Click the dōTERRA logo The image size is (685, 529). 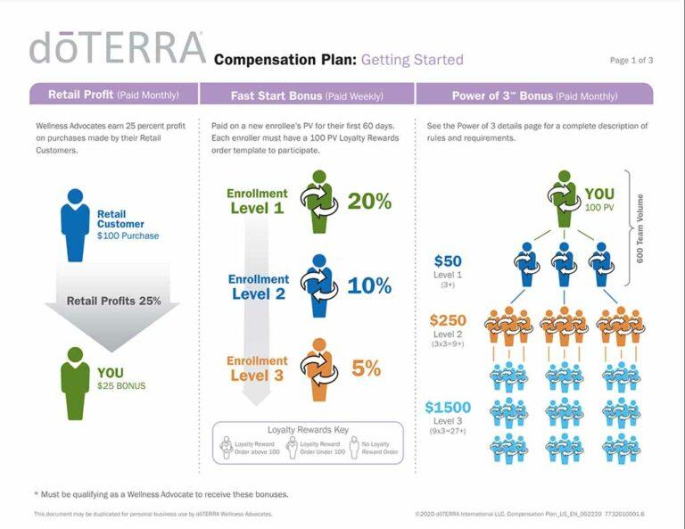pyautogui.click(x=117, y=48)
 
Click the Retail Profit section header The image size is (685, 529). pyautogui.click(x=112, y=95)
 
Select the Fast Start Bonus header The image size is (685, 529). pyautogui.click(x=307, y=95)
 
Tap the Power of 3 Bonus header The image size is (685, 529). pyautogui.click(x=534, y=95)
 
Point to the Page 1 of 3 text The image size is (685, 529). pyautogui.click(x=631, y=61)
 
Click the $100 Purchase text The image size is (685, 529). pyautogui.click(x=128, y=236)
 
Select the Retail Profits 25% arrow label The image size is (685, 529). pyautogui.click(x=113, y=301)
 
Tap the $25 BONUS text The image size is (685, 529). pyautogui.click(x=122, y=386)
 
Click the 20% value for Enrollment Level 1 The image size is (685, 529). pyautogui.click(x=369, y=202)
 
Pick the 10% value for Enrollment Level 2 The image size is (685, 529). pyautogui.click(x=369, y=285)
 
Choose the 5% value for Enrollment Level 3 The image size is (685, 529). pyautogui.click(x=366, y=368)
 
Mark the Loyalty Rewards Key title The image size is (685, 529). pyautogui.click(x=307, y=430)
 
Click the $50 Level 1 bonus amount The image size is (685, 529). pyautogui.click(x=447, y=261)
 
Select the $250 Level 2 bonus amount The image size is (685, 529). pyautogui.click(x=448, y=320)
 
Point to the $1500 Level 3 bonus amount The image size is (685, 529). pyautogui.click(x=446, y=408)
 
